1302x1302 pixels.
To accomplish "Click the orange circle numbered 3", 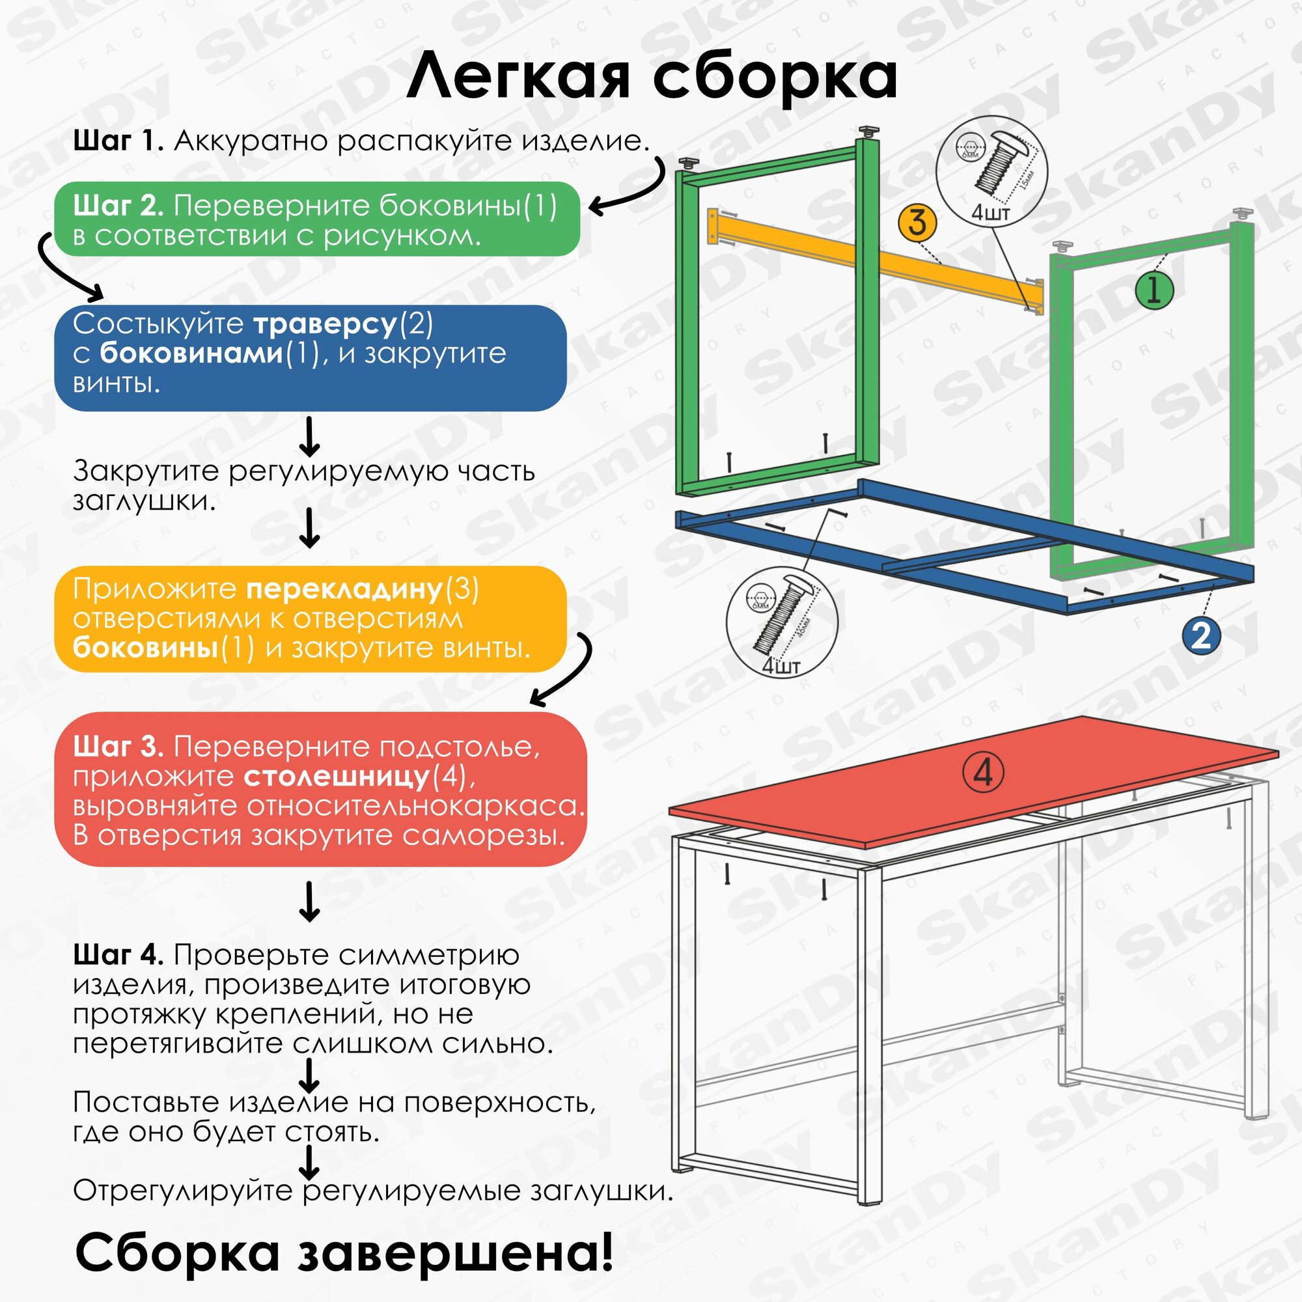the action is click(x=917, y=223).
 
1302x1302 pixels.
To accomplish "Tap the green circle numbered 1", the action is click(x=1154, y=290).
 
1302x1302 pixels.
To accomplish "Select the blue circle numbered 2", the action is click(x=1202, y=635).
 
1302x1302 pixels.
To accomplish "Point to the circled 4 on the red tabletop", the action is click(x=983, y=773).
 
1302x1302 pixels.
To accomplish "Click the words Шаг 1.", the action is click(x=118, y=141).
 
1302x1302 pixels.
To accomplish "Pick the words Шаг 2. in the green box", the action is click(x=118, y=206).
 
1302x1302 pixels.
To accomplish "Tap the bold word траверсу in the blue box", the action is click(x=325, y=324).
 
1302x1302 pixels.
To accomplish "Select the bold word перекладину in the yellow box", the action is click(x=344, y=589).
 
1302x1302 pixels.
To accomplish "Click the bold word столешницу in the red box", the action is click(x=337, y=777).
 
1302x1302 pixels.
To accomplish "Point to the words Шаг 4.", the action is click(x=118, y=955).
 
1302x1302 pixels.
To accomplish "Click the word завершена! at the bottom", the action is click(x=456, y=1253).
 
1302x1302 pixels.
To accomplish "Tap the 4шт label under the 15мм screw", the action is click(x=990, y=213).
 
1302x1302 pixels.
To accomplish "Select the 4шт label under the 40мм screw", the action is click(x=781, y=666).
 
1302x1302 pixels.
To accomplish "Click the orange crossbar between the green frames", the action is click(x=876, y=262).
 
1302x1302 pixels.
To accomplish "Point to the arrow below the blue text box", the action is click(x=309, y=437).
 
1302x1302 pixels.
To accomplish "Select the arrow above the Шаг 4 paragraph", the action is click(x=309, y=901).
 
